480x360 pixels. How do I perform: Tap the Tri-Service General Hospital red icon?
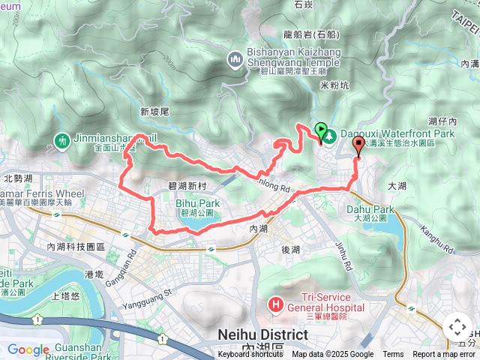275,304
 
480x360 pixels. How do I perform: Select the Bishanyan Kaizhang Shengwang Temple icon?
235,58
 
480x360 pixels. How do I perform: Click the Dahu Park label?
370,210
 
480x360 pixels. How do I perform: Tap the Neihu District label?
262,334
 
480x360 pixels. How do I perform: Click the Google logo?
28,349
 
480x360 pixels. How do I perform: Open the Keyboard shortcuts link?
250,355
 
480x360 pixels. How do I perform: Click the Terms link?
393,355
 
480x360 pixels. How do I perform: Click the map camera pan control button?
457,327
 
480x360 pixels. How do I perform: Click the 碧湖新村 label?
183,185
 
